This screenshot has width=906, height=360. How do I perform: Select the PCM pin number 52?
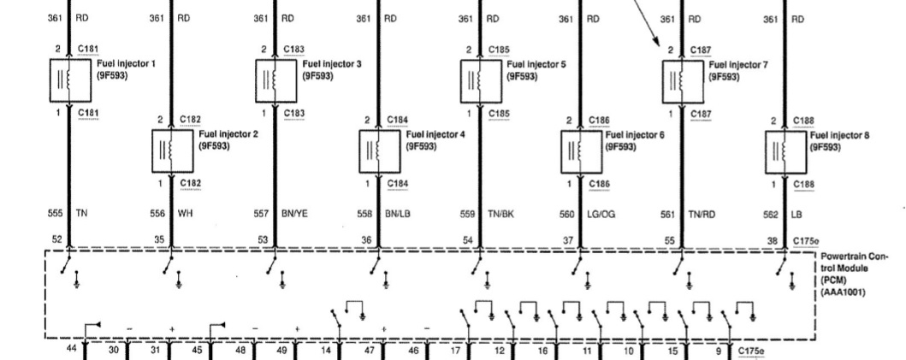pos(57,240)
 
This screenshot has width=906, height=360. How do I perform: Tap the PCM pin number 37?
pos(568,240)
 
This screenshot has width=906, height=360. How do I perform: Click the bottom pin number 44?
pos(70,350)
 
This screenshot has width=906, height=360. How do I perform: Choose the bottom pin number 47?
pos(370,350)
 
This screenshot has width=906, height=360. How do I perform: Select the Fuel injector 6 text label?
pos(634,135)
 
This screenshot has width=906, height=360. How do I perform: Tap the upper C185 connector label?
pos(499,50)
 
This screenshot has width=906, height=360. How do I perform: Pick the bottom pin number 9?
pos(719,350)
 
